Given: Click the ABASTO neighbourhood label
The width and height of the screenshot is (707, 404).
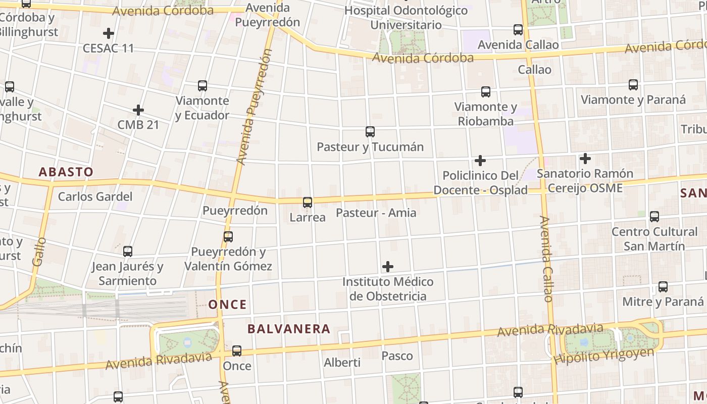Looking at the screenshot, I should coord(66,172).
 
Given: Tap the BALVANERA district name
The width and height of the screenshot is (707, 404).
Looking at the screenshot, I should coord(289,329).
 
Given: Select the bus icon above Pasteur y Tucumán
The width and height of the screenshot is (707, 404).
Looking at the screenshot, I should coord(370,132).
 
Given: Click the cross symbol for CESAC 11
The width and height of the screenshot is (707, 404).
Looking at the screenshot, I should coord(109,34).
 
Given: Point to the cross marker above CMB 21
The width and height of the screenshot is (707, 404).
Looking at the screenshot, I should coord(138,110).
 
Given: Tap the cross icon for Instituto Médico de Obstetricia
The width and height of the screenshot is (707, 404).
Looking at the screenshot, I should coord(388,266).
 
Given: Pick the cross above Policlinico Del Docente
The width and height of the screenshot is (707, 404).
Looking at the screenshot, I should coord(480,161).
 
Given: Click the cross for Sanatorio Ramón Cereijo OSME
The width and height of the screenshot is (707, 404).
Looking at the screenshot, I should coord(585,159).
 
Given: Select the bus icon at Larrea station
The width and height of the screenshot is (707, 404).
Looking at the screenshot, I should coord(308,203).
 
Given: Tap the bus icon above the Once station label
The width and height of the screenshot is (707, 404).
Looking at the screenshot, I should coord(237,350).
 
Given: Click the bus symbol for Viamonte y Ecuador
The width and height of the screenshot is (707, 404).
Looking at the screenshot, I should coord(203,85).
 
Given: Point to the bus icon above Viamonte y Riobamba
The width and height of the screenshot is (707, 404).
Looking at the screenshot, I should coord(486,91).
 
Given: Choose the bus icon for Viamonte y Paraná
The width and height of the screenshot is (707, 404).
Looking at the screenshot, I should coord(633,84).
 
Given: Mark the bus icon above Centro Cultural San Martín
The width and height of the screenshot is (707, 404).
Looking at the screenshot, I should coord(654,217).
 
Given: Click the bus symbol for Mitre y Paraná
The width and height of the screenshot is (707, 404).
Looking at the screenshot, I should coord(663,287).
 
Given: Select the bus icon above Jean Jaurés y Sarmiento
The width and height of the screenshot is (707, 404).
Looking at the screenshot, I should coord(128,251).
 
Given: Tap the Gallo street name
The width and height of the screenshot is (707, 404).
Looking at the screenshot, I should coord(39,251).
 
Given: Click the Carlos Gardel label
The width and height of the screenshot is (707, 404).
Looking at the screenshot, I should coord(95,196).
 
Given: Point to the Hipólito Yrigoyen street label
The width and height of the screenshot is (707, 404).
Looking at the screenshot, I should coord(604,356).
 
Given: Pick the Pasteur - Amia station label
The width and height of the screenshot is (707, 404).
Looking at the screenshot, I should coord(376,213).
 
